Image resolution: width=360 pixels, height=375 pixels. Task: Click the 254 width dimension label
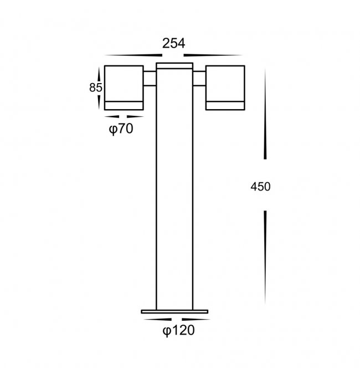click(174, 44)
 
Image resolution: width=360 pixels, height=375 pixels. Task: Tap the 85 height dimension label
click(96, 88)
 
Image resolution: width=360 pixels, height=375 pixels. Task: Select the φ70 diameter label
click(121, 129)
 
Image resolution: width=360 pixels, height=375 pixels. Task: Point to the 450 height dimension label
click(260, 187)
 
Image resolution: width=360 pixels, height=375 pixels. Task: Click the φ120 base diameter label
click(178, 331)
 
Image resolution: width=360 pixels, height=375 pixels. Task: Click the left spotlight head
click(124, 88)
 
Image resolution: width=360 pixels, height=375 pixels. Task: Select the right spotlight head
click(225, 88)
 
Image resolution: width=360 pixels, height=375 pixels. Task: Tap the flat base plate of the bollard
click(174, 312)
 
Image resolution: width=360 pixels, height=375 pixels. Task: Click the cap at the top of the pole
click(174, 66)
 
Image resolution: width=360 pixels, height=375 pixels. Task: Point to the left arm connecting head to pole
click(150, 78)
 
